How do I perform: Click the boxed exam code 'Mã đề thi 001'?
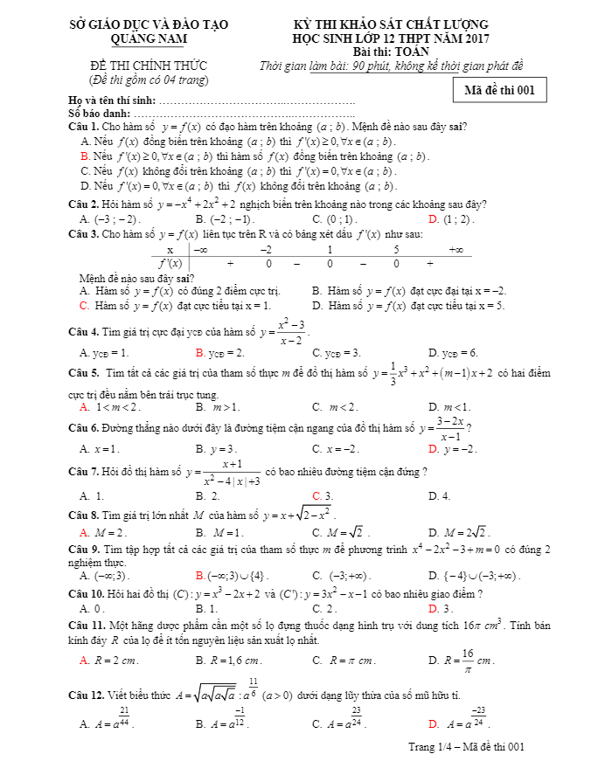point(500,90)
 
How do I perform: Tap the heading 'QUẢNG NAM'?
point(149,38)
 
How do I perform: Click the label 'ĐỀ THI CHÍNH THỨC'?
point(149,66)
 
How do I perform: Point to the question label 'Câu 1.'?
point(85,127)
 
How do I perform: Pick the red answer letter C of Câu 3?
point(84,306)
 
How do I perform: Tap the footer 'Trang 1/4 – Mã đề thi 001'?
point(466,747)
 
